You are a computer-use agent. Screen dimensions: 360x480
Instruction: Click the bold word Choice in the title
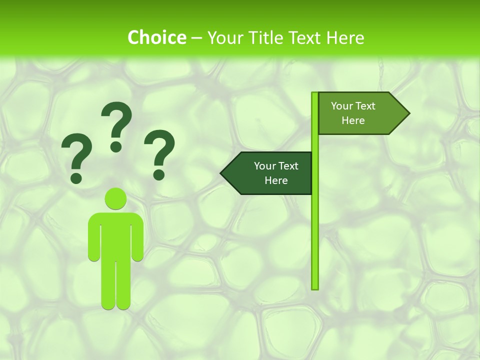[156, 37]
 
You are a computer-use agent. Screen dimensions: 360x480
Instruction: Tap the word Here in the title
[345, 37]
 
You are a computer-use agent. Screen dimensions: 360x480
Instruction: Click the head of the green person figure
[115, 198]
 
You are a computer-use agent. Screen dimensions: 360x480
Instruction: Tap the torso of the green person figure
[115, 235]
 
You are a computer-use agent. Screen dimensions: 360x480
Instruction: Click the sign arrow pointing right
[360, 113]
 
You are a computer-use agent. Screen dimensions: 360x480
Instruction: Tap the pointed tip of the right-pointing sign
[408, 113]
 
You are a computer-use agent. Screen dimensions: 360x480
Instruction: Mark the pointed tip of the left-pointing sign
[222, 173]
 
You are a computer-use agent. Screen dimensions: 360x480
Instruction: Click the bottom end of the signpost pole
[315, 287]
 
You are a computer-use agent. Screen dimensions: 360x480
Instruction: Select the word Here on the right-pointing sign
[353, 120]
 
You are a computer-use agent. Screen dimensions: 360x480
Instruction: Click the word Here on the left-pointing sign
[276, 180]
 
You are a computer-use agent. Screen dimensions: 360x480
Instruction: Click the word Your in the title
[223, 37]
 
